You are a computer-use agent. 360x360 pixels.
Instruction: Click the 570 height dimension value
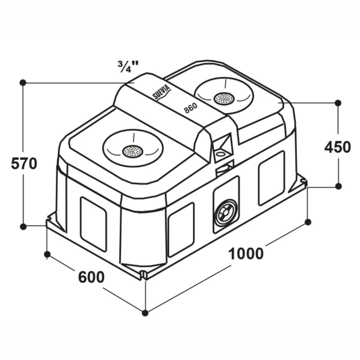coord(24,163)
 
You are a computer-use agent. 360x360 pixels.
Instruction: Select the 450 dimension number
coord(338,147)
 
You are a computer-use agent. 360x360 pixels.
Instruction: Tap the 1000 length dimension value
coord(246,254)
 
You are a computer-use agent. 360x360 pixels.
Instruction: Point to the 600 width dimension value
coord(91,277)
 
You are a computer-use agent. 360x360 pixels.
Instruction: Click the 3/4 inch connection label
coord(128,66)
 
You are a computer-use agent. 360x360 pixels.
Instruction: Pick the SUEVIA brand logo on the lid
coord(162,93)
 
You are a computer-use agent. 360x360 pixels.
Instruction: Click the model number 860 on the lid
coord(191,107)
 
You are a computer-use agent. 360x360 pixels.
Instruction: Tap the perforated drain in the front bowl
coord(132,151)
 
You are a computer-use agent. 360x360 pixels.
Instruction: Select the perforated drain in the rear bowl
coord(224,99)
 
